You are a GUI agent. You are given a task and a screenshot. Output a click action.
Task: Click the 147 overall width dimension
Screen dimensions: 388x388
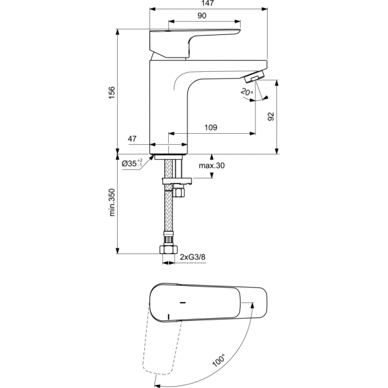pyautogui.click(x=208, y=3)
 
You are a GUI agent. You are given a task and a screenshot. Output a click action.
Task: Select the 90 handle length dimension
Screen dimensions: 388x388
pyautogui.click(x=202, y=16)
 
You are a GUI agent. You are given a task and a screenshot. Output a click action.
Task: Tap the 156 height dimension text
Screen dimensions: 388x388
pyautogui.click(x=112, y=92)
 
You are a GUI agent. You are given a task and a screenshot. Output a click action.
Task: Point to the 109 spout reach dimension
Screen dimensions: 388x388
pyautogui.click(x=211, y=127)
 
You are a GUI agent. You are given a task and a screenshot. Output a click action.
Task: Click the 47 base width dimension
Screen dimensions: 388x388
pyautogui.click(x=132, y=138)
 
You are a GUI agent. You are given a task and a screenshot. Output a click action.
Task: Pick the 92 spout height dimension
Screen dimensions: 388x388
pyautogui.click(x=271, y=116)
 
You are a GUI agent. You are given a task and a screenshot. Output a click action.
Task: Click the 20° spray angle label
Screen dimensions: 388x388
pyautogui.click(x=247, y=92)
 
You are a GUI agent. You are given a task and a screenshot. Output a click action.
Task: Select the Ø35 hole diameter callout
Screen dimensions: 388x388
pyautogui.click(x=132, y=163)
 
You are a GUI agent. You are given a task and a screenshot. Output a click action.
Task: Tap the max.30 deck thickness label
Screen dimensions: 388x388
pyautogui.click(x=211, y=166)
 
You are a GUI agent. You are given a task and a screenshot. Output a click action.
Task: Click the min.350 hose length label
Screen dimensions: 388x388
pyautogui.click(x=112, y=202)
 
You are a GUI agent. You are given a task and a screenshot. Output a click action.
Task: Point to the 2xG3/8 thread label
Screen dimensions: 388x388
pyautogui.click(x=193, y=257)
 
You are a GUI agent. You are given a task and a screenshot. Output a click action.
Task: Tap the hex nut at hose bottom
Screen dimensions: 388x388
pyautogui.click(x=169, y=250)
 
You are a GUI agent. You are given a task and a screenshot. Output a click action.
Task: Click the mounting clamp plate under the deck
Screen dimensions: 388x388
pyautogui.click(x=177, y=181)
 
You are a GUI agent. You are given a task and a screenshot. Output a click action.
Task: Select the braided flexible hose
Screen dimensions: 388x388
pyautogui.click(x=168, y=195)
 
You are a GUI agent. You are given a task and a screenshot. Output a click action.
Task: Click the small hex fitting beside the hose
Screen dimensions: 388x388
pyautogui.click(x=178, y=192)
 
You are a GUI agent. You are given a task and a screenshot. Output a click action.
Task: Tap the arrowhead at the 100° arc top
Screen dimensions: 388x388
pyautogui.click(x=252, y=305)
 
